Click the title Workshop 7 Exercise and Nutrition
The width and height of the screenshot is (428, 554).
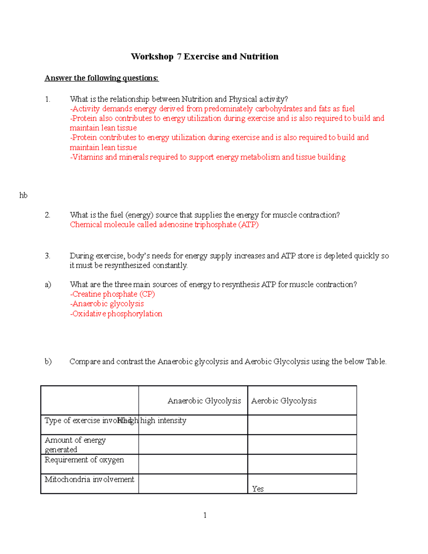point(204,56)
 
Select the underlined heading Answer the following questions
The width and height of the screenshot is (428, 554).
point(101,78)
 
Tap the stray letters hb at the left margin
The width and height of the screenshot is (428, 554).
point(23,195)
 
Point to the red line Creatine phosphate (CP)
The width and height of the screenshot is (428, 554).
point(113,294)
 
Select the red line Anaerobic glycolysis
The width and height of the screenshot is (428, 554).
point(107,304)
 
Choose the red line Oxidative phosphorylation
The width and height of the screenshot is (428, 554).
point(116,314)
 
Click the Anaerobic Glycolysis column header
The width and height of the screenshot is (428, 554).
point(204,401)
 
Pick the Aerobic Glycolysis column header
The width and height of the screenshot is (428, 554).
point(284,401)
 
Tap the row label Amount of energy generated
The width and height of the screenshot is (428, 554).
point(75,444)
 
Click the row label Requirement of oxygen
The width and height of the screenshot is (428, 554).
point(84,460)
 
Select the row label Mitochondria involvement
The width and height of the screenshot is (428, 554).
point(89,479)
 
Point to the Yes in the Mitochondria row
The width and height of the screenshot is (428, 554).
point(258,489)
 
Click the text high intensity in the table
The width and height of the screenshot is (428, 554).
point(163,421)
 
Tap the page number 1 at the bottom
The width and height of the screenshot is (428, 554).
point(205,515)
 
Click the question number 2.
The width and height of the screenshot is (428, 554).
point(47,215)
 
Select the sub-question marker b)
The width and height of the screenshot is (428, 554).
point(48,362)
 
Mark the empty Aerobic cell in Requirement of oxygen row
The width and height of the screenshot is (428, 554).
point(302,464)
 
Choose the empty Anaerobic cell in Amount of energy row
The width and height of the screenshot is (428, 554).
point(193,444)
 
